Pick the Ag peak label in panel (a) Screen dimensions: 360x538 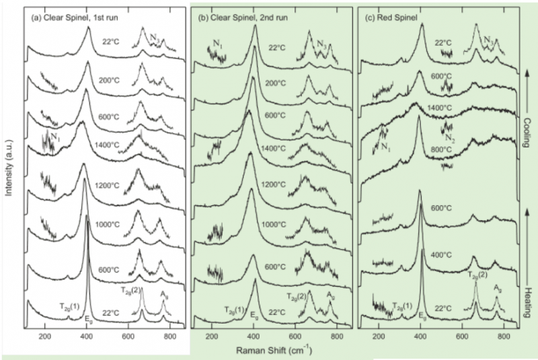pos(164,294)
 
